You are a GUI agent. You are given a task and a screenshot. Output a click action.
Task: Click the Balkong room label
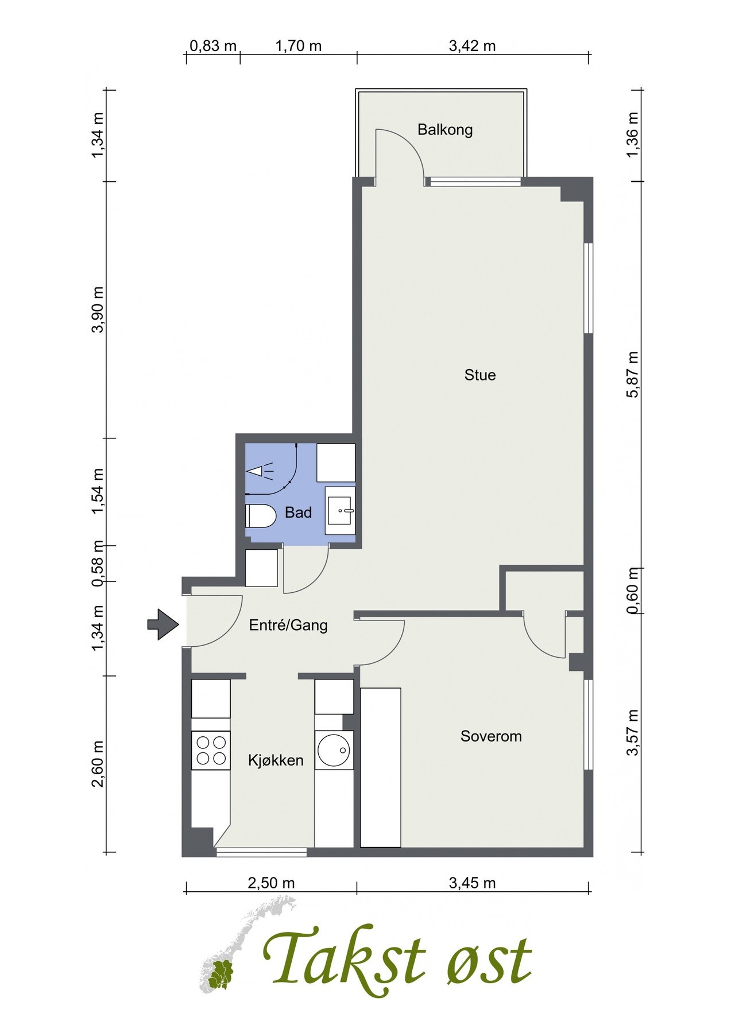[445, 130]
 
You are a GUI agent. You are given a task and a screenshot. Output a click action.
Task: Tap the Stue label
[480, 375]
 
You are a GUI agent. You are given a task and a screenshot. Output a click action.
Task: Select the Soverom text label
[491, 736]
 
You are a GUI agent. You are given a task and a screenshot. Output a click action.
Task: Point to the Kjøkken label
[276, 760]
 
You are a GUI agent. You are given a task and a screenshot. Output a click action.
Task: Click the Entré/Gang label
[288, 625]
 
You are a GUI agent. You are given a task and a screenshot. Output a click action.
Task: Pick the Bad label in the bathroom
[299, 512]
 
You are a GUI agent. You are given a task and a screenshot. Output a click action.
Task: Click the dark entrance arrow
[164, 624]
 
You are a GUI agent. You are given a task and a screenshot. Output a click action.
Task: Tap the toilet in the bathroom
[261, 516]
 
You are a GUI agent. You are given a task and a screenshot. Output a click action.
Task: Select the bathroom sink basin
[341, 510]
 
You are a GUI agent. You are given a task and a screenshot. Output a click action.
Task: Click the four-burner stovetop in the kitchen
[211, 750]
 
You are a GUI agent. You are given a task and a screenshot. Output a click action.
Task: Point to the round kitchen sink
[334, 749]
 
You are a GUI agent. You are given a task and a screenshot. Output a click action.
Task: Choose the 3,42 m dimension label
[472, 46]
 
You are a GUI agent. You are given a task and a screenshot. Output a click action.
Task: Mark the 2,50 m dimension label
[271, 883]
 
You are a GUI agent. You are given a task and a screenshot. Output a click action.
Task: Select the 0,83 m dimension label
[213, 46]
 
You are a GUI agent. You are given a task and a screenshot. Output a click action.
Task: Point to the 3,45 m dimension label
[472, 883]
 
